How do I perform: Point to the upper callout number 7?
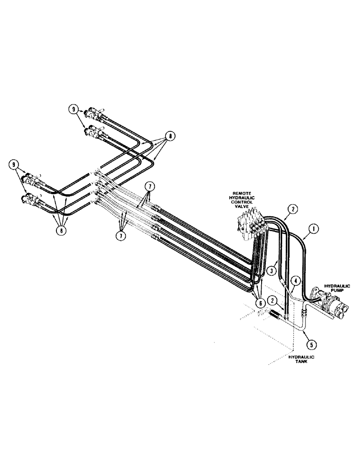point(149,187)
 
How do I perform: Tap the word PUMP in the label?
point(336,291)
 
